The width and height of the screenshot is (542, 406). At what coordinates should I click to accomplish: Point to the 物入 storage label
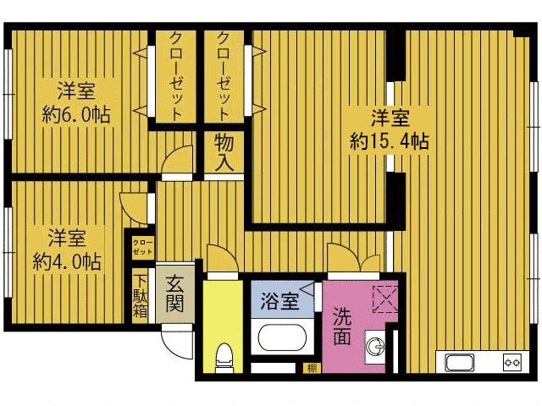[x=224, y=152]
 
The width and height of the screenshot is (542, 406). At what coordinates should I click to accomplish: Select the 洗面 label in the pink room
[x=342, y=323]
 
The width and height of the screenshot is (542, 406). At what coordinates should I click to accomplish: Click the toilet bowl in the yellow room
[x=224, y=355]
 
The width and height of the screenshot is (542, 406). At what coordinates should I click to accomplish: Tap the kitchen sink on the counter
[x=462, y=363]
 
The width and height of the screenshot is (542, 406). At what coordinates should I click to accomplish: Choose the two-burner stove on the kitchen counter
[x=511, y=363]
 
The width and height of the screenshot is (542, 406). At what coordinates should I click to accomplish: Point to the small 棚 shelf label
[x=312, y=367]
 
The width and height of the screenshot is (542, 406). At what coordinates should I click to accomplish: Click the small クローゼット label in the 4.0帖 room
[x=141, y=248]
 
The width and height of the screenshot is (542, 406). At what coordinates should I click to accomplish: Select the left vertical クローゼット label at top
[x=176, y=77]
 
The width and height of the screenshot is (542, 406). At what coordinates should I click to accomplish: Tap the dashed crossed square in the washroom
[x=384, y=299]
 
